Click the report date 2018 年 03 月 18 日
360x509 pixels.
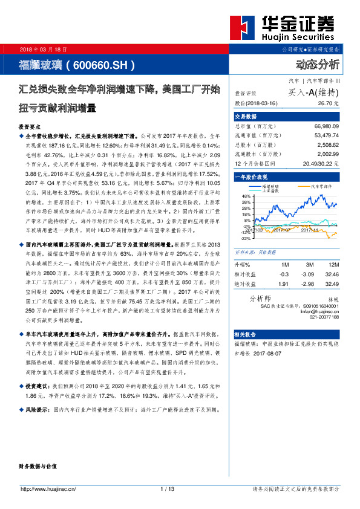point(44,49)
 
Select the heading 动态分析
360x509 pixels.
point(318,65)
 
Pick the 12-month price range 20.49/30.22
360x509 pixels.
point(322,164)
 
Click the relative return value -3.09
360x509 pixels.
point(309,274)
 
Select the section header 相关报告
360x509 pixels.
point(243,350)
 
